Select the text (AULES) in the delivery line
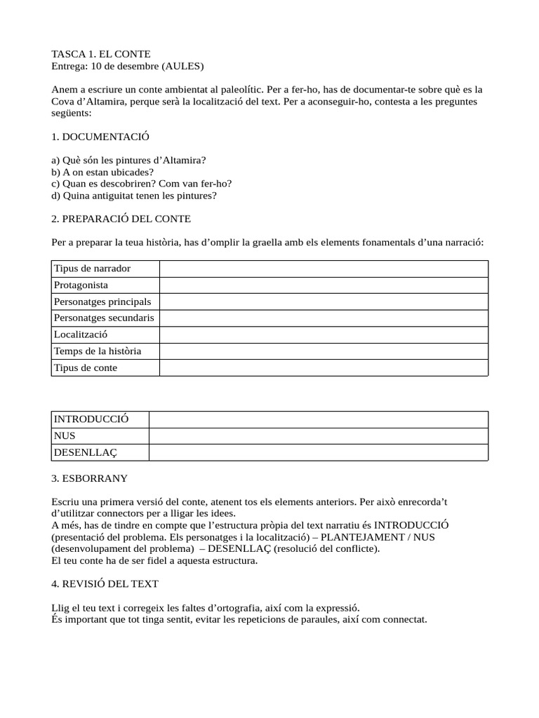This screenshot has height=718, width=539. (182, 66)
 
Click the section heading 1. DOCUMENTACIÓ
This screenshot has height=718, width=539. (100, 136)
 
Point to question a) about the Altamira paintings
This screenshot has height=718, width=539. (129, 160)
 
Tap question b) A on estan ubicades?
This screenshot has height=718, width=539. (102, 172)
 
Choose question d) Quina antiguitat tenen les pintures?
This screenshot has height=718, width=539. (134, 196)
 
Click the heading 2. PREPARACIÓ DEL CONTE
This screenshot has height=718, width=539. (121, 219)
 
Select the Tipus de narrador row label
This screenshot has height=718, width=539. (92, 269)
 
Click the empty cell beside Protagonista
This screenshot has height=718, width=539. (324, 285)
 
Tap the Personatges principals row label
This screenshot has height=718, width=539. (102, 302)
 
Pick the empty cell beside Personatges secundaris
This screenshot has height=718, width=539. (324, 318)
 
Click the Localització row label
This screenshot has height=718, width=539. (81, 334)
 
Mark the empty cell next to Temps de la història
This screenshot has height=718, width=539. (324, 351)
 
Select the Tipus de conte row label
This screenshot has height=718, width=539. (86, 367)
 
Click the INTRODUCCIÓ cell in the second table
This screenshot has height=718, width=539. (91, 419)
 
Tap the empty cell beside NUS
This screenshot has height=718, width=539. (318, 436)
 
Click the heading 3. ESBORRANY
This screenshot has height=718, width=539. (90, 478)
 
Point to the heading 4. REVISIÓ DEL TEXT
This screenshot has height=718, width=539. (105, 583)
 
